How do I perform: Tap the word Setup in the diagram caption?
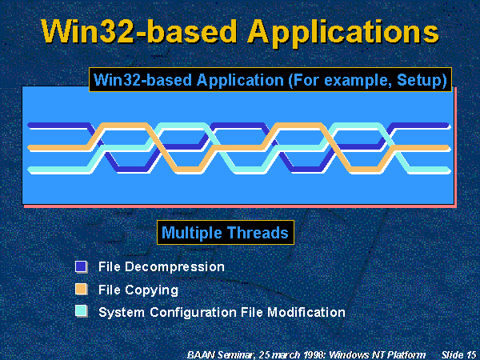click(x=423, y=80)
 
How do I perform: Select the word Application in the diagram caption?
click(x=232, y=80)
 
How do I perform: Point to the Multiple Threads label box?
click(x=224, y=233)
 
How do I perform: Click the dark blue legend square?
click(x=81, y=266)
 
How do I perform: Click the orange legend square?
click(x=81, y=289)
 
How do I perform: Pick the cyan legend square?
click(x=81, y=311)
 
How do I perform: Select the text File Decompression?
click(x=161, y=266)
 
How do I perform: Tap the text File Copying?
click(x=138, y=290)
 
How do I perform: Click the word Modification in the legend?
click(x=305, y=312)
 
